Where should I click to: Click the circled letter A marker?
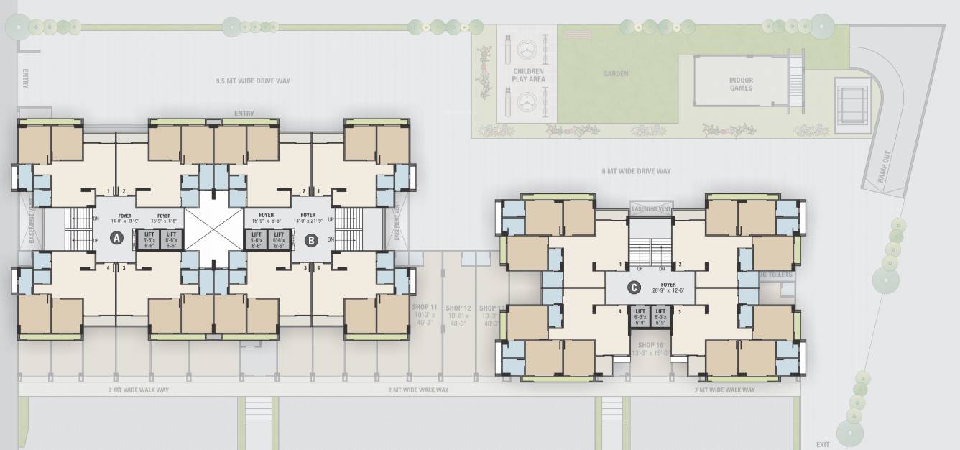coord(115,239)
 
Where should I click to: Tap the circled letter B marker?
coord(311,240)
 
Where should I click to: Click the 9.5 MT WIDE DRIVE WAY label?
coord(253,81)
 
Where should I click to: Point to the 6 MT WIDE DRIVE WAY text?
coord(636,171)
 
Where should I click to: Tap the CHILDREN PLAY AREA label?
coord(529,75)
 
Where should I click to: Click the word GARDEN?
coord(616,74)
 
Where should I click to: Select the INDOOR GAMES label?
coord(740,83)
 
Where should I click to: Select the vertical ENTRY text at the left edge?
coord(25,79)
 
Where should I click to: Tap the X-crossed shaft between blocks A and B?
coord(213,229)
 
